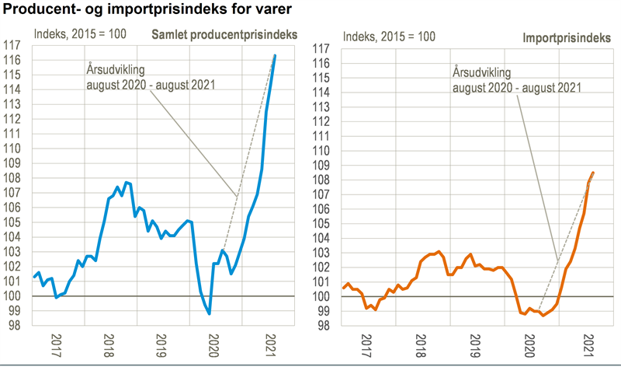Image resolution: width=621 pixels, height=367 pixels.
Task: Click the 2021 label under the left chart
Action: point(271,344)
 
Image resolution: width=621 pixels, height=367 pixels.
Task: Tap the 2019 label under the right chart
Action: point(474,344)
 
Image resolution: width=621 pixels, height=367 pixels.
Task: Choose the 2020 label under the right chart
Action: point(530,344)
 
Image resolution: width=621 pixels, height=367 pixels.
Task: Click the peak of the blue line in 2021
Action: point(275,56)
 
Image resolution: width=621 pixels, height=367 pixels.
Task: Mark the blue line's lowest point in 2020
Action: point(210,313)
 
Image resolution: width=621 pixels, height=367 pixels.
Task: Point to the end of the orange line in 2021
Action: point(594,173)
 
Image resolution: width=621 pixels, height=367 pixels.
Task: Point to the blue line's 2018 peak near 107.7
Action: point(127,183)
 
